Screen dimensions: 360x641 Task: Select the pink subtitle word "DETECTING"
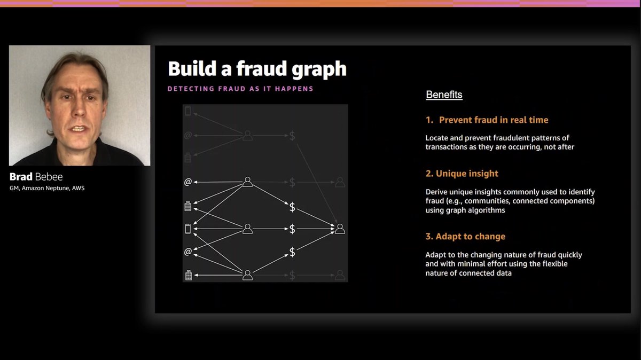point(191,89)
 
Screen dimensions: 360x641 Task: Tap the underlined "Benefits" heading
point(444,95)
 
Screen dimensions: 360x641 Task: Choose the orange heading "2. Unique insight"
point(462,174)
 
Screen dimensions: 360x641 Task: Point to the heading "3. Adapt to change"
point(465,237)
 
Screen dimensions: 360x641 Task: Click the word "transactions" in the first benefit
point(447,147)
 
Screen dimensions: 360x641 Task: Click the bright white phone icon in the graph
point(187,229)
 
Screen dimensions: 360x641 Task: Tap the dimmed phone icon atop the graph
point(187,111)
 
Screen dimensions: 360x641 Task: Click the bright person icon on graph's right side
point(339,229)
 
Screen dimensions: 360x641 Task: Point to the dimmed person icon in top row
point(247,136)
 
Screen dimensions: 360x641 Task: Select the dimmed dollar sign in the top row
point(292,136)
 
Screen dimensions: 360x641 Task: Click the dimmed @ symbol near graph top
point(187,136)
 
